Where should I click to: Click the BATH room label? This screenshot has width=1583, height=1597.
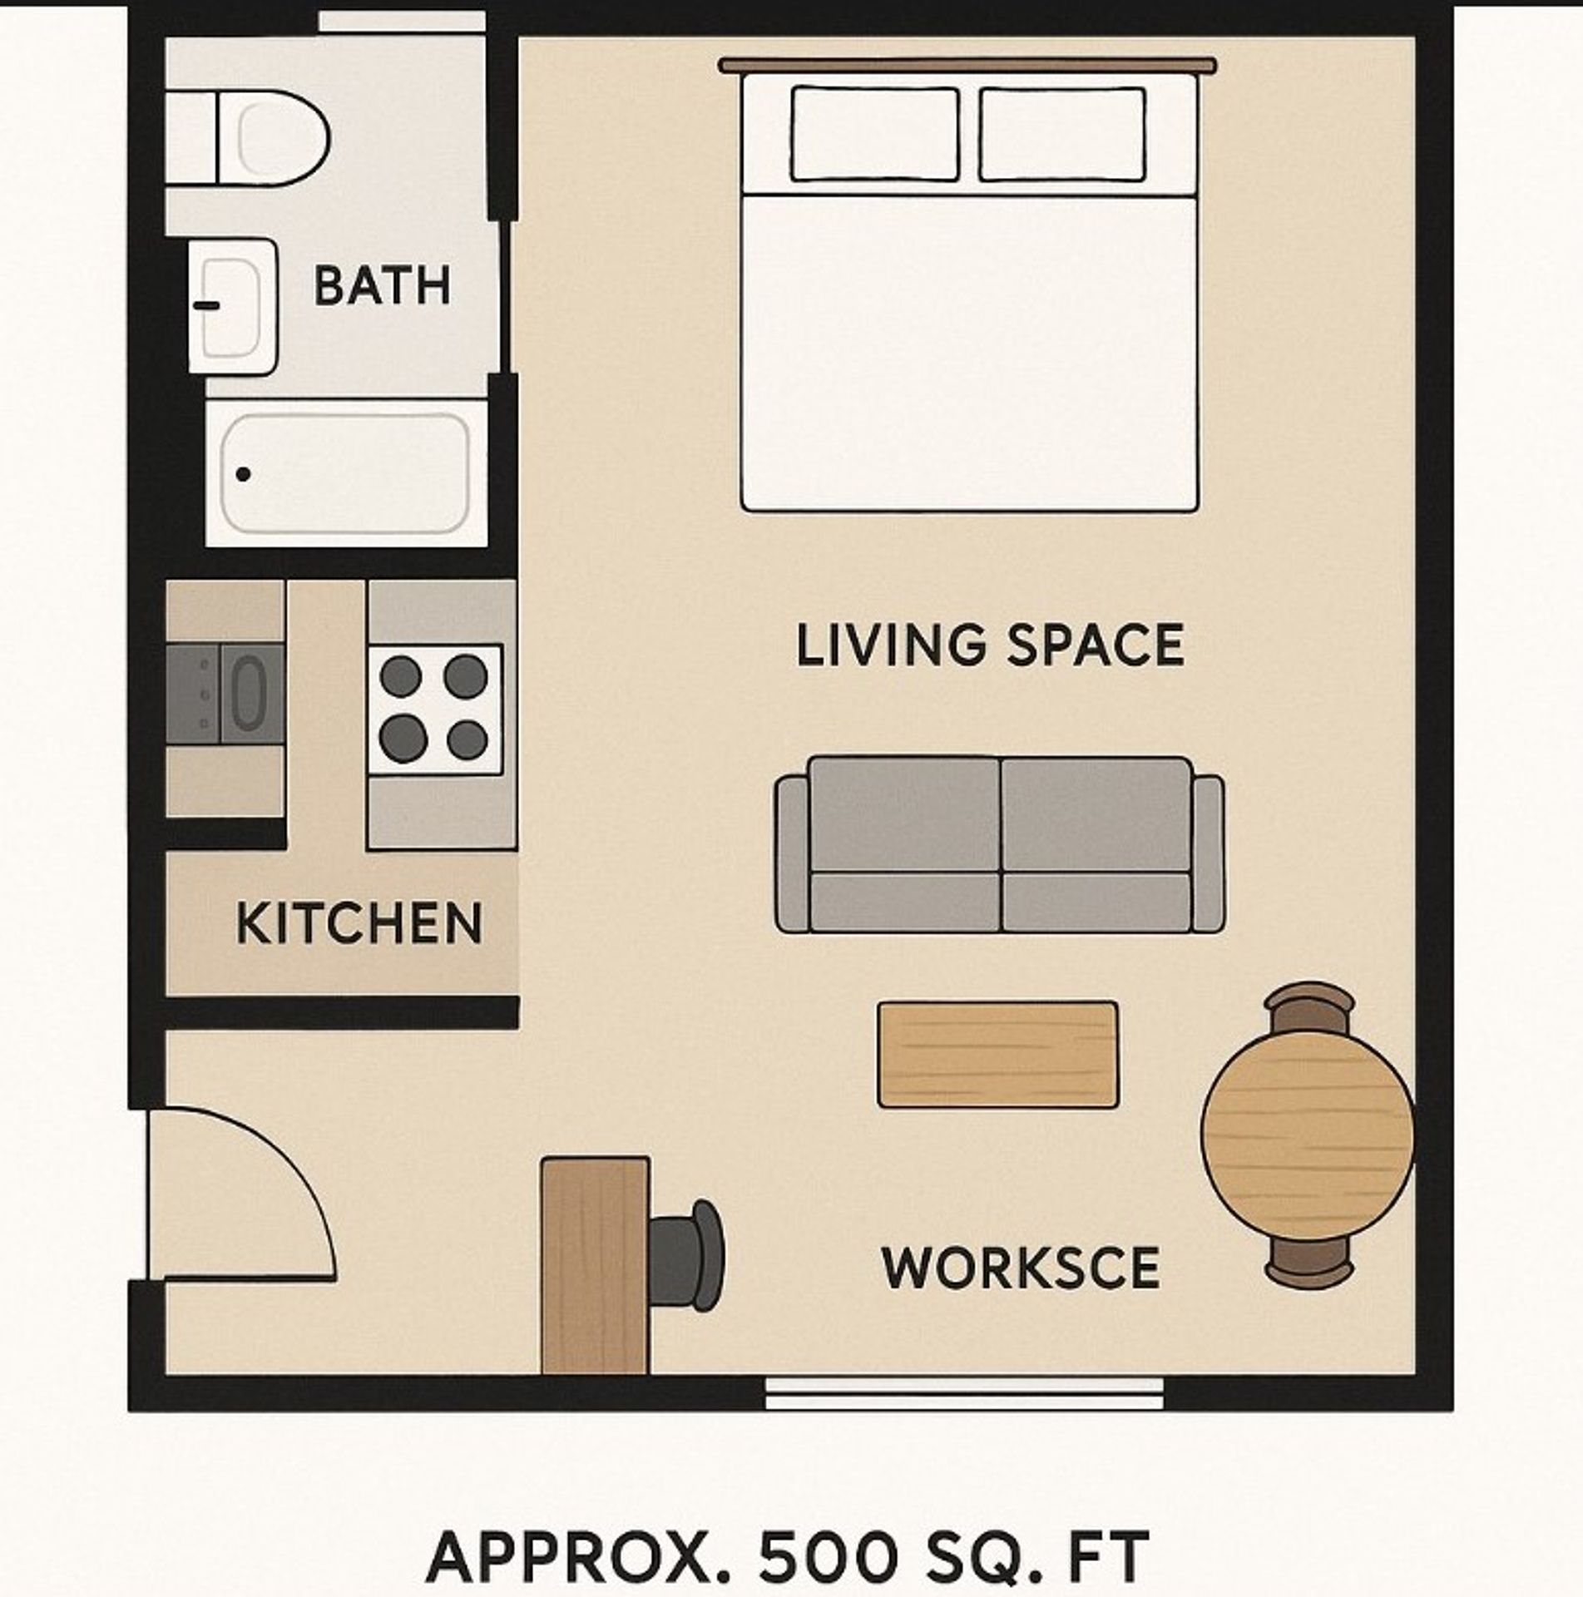(382, 285)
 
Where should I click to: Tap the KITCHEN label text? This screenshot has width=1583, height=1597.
(359, 923)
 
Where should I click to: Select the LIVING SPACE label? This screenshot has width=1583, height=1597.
(990, 645)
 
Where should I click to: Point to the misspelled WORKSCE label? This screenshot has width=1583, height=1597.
(1021, 1268)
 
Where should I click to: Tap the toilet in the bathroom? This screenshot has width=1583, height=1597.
(266, 138)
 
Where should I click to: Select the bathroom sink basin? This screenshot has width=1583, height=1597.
(231, 306)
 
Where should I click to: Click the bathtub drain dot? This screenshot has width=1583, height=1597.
(243, 474)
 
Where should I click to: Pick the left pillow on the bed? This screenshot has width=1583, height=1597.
(874, 134)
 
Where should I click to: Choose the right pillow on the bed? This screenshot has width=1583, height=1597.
(1062, 134)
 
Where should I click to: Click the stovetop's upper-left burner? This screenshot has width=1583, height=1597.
(400, 675)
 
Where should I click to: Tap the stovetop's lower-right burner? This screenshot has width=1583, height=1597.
(466, 739)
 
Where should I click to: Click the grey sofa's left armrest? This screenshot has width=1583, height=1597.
(792, 853)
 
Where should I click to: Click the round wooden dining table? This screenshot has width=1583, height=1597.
(1307, 1138)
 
